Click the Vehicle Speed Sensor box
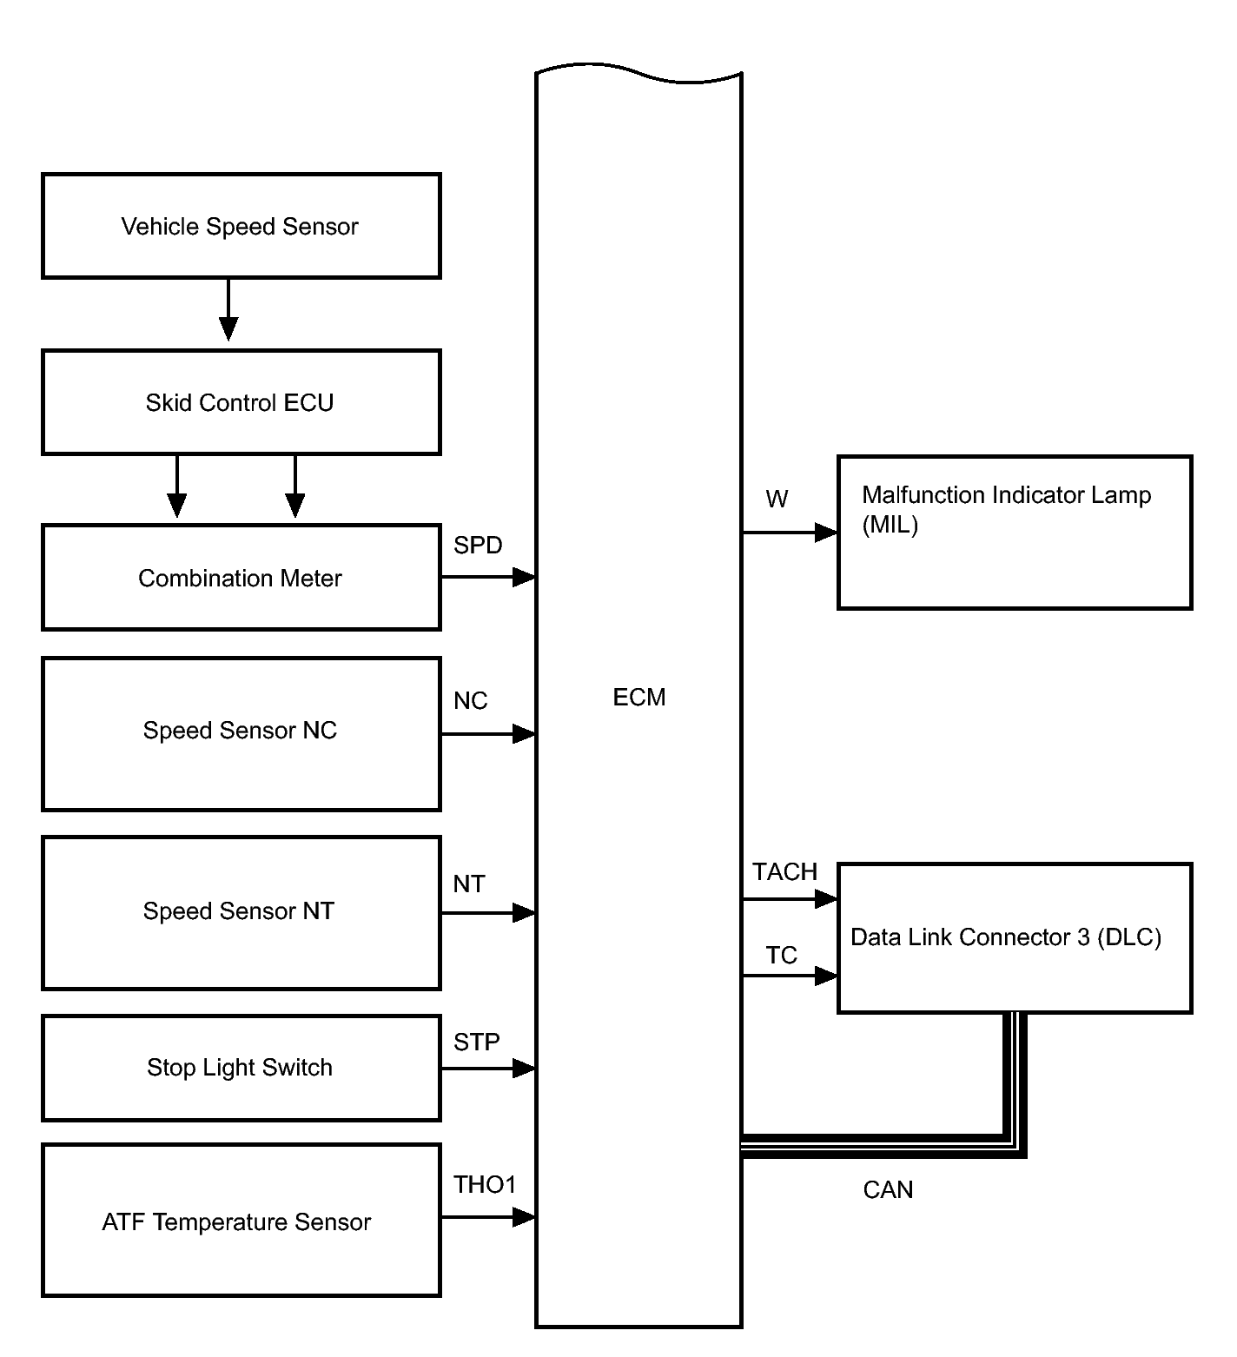coord(241,226)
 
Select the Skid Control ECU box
coord(241,402)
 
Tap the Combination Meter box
coord(241,577)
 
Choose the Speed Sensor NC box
coord(241,734)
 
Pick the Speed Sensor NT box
coord(241,913)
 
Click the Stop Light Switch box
coord(241,1068)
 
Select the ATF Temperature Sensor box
coord(241,1220)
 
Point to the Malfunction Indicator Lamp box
coord(1015,532)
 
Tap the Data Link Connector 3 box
coord(1015,938)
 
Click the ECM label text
coord(639,698)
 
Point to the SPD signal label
coord(478,546)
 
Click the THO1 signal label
coord(485,1185)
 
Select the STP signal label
coord(477,1043)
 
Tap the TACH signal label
coord(785,872)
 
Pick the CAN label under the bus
coord(888,1190)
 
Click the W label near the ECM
coord(777,500)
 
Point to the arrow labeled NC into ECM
coord(488,734)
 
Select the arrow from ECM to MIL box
coord(790,533)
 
